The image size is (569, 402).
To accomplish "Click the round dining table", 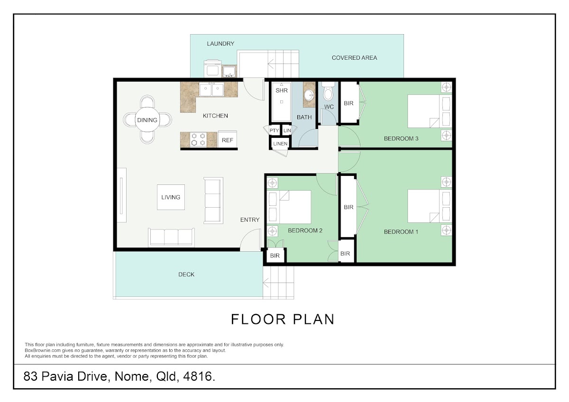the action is (147, 119).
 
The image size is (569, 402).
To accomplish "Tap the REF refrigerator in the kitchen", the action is (227, 139).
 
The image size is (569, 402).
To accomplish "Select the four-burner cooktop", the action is (198, 139).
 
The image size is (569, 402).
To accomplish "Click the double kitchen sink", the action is (211, 90).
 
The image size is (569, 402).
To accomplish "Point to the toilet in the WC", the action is (328, 91).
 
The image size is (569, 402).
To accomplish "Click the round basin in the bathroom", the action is (309, 95).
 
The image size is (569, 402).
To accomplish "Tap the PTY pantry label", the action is (274, 130).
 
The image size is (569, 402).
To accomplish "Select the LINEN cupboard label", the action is (280, 144).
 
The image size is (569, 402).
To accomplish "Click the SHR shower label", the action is (282, 91).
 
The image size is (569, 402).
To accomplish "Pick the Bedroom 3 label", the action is (401, 138).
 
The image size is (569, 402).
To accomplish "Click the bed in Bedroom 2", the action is (289, 207).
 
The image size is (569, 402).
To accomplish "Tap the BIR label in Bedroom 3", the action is (349, 103).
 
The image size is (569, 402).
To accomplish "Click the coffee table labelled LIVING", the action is (171, 197).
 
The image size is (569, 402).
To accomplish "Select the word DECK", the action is (186, 274).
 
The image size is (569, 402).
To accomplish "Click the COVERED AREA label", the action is (354, 58).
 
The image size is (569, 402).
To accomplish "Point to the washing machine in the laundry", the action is (212, 69).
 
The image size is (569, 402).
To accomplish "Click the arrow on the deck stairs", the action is (266, 282).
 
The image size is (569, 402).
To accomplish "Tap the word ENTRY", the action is (250, 219).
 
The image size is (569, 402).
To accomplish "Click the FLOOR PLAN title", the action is (283, 319).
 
